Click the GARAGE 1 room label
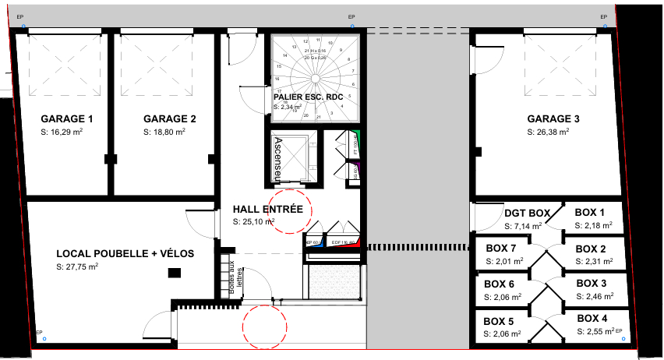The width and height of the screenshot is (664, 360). (x=66, y=119)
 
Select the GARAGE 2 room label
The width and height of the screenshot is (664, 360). (x=169, y=119)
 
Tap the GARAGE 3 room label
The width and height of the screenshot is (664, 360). (x=553, y=119)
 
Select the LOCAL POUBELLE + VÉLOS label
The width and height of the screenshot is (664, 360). (x=125, y=254)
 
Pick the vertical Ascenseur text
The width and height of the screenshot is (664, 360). (x=278, y=157)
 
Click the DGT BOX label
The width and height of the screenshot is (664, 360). (x=527, y=213)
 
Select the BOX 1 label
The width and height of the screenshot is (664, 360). (x=590, y=213)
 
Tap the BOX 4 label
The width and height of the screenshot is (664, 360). (x=592, y=318)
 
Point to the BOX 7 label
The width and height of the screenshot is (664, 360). (x=500, y=249)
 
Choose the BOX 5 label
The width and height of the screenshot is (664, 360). (x=499, y=321)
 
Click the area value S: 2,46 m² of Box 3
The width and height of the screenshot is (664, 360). (x=594, y=297)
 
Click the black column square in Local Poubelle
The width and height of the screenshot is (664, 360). (x=175, y=272)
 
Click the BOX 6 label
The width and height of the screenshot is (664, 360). (x=499, y=284)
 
